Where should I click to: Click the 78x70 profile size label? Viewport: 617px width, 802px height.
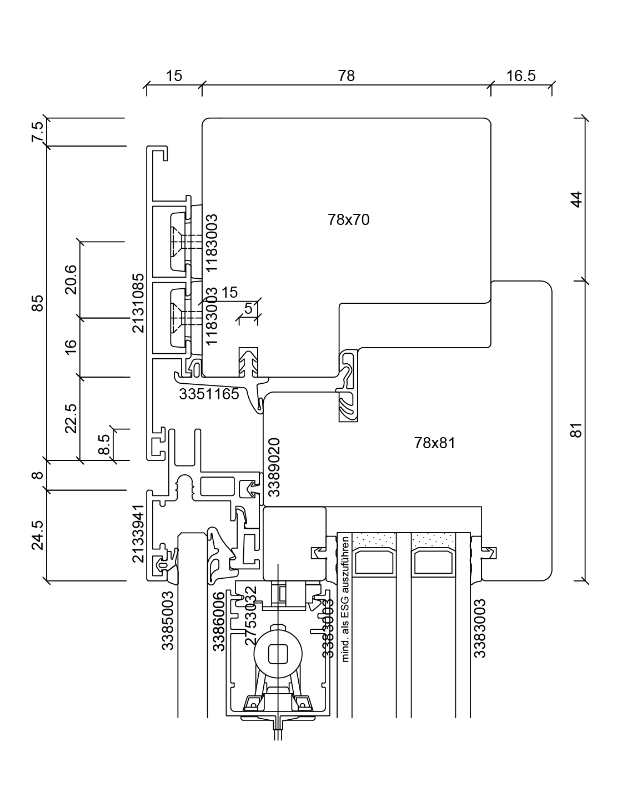349,220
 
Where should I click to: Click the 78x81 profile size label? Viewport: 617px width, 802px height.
434,443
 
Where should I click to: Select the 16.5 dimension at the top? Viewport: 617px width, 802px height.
521,76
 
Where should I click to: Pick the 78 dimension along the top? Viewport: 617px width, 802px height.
346,76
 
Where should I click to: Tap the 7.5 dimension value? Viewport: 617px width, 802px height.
37,133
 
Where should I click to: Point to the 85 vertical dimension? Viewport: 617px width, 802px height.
37,303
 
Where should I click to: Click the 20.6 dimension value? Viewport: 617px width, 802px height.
71,280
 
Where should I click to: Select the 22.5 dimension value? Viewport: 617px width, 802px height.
71,418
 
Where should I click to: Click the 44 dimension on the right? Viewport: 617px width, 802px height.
577,199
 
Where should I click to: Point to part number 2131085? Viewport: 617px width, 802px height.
138,303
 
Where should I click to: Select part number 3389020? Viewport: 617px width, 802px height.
274,467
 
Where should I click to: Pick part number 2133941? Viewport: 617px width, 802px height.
139,533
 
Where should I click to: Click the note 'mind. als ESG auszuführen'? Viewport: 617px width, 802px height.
345,599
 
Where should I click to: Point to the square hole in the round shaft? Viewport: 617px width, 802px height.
277,653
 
